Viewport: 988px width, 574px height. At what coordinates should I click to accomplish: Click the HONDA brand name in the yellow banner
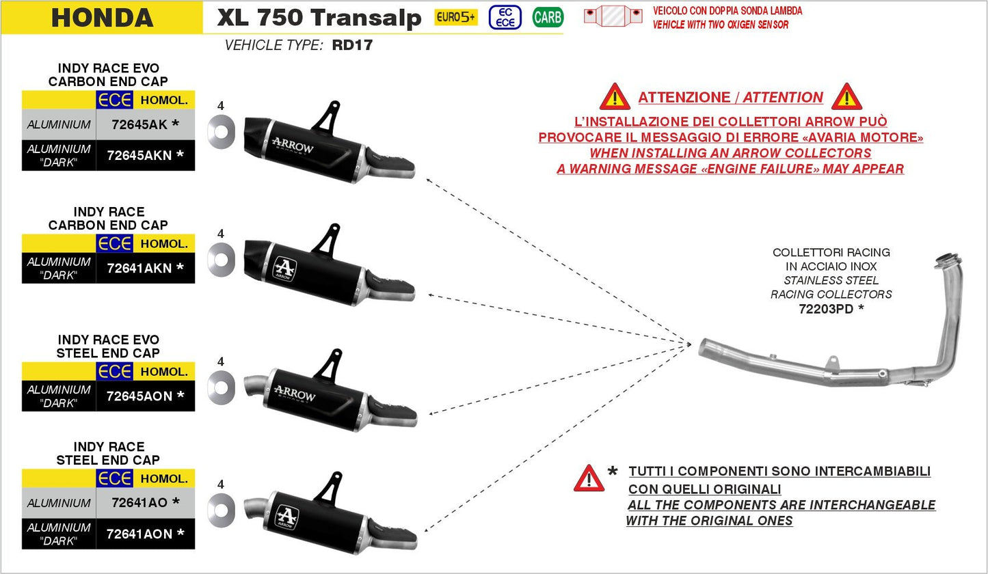(x=102, y=18)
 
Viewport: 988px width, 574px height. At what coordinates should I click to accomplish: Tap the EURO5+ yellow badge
(x=456, y=17)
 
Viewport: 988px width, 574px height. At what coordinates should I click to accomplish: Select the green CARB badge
(x=547, y=17)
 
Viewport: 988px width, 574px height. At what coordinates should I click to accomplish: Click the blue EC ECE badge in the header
(x=505, y=17)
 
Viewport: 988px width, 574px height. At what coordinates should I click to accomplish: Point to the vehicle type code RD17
(x=352, y=46)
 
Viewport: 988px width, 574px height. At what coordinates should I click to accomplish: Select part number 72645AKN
(x=141, y=155)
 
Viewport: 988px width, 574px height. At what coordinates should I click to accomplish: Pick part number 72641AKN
(x=141, y=268)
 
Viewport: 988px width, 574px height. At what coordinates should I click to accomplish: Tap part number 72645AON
(x=141, y=396)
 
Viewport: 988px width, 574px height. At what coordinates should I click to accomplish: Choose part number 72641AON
(x=141, y=534)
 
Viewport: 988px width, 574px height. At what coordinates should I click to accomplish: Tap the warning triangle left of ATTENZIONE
(x=615, y=98)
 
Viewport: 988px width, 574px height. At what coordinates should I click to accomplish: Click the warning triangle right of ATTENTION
(x=846, y=98)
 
